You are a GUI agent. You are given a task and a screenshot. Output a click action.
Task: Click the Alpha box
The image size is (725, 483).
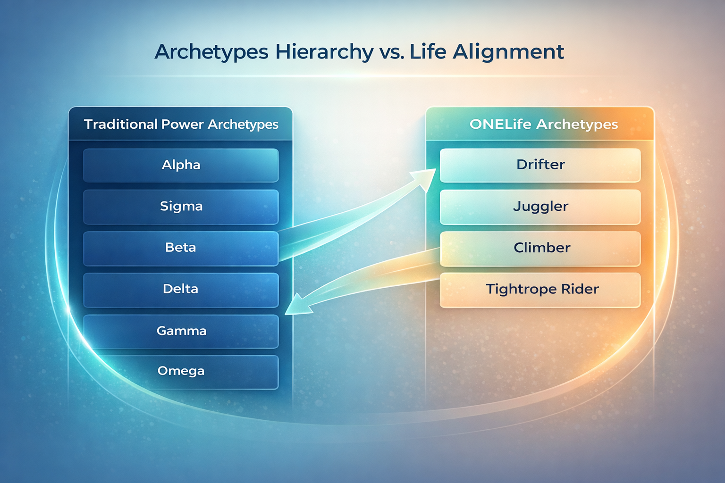181,165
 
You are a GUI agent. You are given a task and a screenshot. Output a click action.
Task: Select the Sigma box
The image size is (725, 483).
181,207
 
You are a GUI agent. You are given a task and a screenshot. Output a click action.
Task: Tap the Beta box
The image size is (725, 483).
181,248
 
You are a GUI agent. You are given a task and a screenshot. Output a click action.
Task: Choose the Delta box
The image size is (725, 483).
181,290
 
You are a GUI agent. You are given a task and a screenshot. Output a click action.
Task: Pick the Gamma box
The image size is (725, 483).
181,331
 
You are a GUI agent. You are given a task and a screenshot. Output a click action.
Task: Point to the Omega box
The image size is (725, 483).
181,372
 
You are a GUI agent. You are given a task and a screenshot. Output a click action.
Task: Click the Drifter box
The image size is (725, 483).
540,165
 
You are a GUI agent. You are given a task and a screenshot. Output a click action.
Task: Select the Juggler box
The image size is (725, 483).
540,207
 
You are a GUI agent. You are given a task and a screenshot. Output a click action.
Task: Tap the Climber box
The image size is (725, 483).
540,249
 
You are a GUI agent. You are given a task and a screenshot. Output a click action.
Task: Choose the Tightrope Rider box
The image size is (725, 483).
540,290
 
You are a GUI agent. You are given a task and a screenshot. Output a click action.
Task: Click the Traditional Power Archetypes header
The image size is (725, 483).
181,124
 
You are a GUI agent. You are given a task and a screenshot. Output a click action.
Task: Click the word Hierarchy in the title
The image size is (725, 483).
324,52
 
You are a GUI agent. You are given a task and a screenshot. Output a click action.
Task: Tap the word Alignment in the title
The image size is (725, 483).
508,52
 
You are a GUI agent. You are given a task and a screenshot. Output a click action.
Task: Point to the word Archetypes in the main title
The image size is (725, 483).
211,52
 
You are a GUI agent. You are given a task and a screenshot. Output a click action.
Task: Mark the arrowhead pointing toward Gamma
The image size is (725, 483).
298,305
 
